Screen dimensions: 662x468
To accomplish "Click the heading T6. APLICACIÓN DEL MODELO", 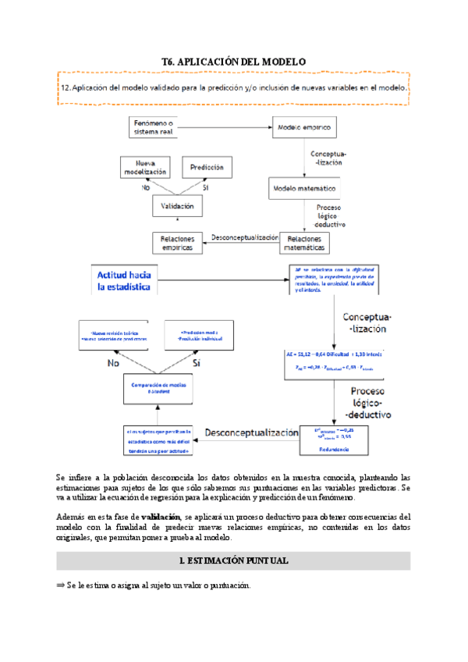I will (x=233, y=61).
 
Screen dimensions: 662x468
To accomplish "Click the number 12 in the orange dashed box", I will (x=65, y=88).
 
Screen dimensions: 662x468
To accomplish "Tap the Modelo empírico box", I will (x=303, y=126).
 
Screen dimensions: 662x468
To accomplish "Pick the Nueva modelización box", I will (x=145, y=167).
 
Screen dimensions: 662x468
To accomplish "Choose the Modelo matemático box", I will (x=303, y=189).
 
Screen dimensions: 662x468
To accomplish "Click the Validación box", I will (x=177, y=207).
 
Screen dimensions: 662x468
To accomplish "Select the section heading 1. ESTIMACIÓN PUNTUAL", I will (x=233, y=561).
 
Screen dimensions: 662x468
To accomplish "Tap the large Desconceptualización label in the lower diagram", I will (x=251, y=432).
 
